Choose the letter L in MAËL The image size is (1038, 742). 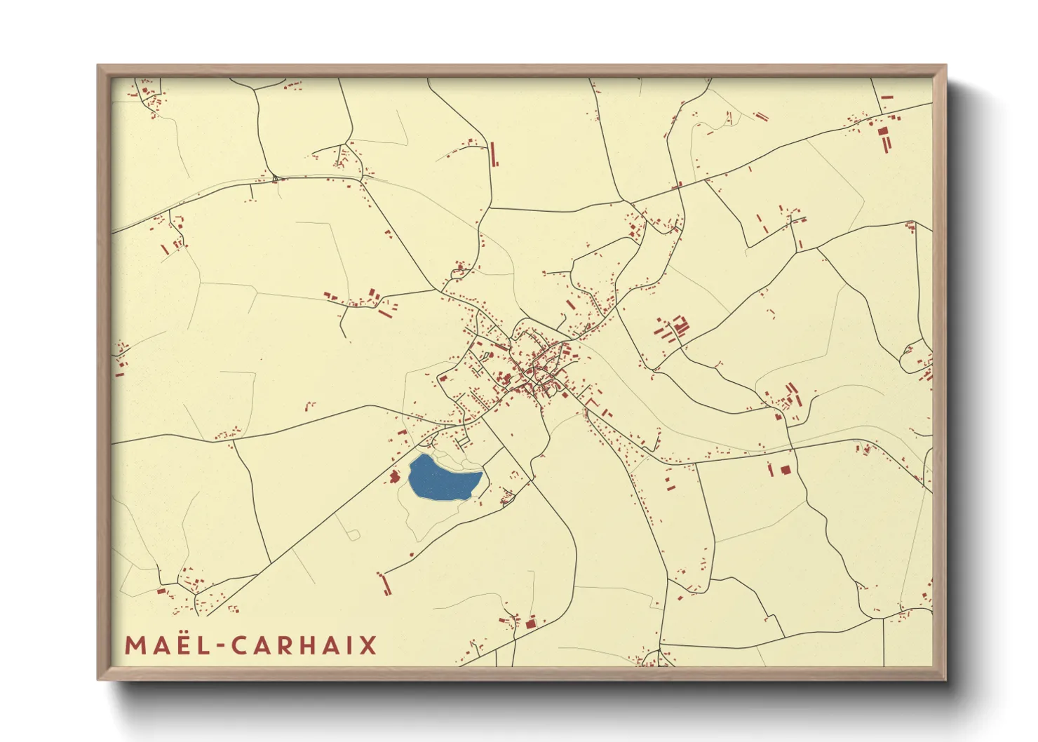[x=205, y=645]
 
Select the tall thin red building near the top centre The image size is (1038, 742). [x=494, y=154]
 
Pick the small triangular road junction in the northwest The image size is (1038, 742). [x=276, y=179]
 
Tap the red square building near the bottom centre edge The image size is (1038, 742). [x=531, y=622]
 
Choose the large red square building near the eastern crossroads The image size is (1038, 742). [x=786, y=469]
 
